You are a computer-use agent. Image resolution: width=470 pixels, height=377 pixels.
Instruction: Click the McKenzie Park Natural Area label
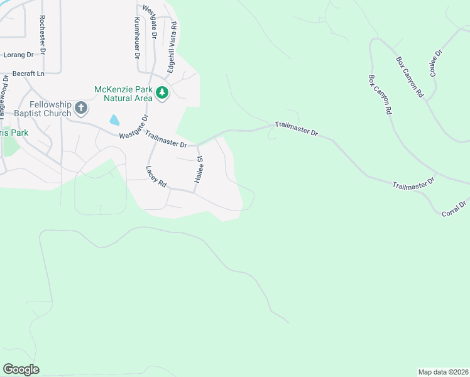[124, 94]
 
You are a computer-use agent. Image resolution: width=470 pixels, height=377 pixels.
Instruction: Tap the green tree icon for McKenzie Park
[163, 93]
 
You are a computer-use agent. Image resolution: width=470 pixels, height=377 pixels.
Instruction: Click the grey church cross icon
[80, 108]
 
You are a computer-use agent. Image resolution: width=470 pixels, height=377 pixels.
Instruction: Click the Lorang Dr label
[18, 55]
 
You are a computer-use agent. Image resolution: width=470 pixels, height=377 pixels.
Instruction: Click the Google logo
[21, 369]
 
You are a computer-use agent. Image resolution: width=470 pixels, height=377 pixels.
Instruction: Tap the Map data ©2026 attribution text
[442, 372]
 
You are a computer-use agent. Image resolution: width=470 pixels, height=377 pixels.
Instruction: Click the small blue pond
[114, 119]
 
